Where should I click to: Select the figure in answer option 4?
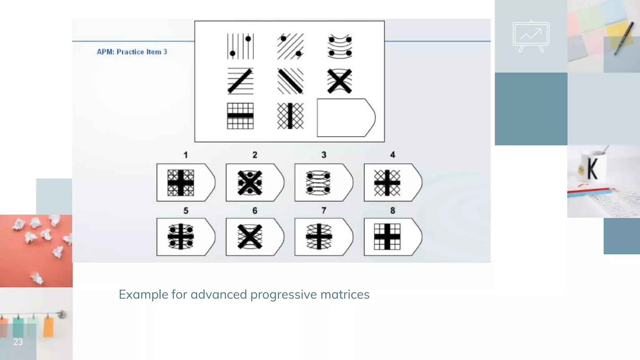pyautogui.click(x=387, y=183)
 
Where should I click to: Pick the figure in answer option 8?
pyautogui.click(x=387, y=237)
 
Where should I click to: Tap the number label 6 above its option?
pyautogui.click(x=255, y=211)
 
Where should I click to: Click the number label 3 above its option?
pyautogui.click(x=324, y=155)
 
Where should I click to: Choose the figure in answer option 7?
pyautogui.click(x=319, y=237)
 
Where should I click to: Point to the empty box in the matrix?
pyautogui.click(x=345, y=118)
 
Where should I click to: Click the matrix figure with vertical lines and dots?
pyautogui.click(x=240, y=47)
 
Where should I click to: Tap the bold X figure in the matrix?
pyautogui.click(x=340, y=81)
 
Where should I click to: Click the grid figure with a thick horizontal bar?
pyautogui.click(x=240, y=116)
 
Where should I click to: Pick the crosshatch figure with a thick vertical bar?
pyautogui.click(x=290, y=116)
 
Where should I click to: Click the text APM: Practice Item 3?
pyautogui.click(x=132, y=52)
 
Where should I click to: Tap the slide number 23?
pyautogui.click(x=18, y=342)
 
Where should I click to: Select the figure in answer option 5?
pyautogui.click(x=181, y=237)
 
